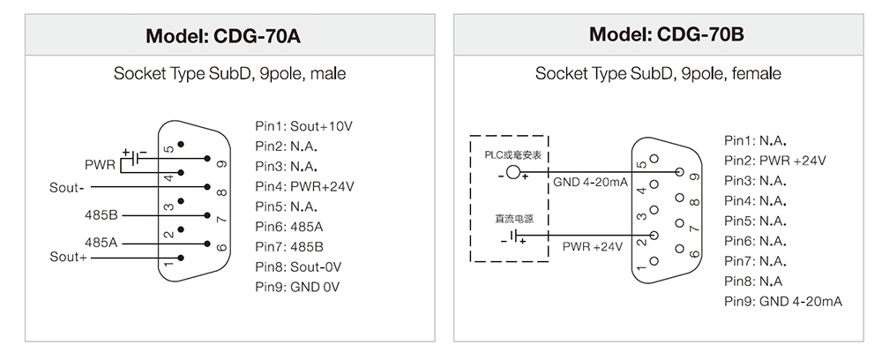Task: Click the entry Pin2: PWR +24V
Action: [x=775, y=160]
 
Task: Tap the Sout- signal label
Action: [x=67, y=188]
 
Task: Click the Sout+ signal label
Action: [x=68, y=257]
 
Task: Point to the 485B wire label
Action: [x=101, y=215]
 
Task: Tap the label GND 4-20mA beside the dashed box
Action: [x=590, y=183]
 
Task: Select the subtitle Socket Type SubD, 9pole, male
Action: [x=229, y=74]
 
